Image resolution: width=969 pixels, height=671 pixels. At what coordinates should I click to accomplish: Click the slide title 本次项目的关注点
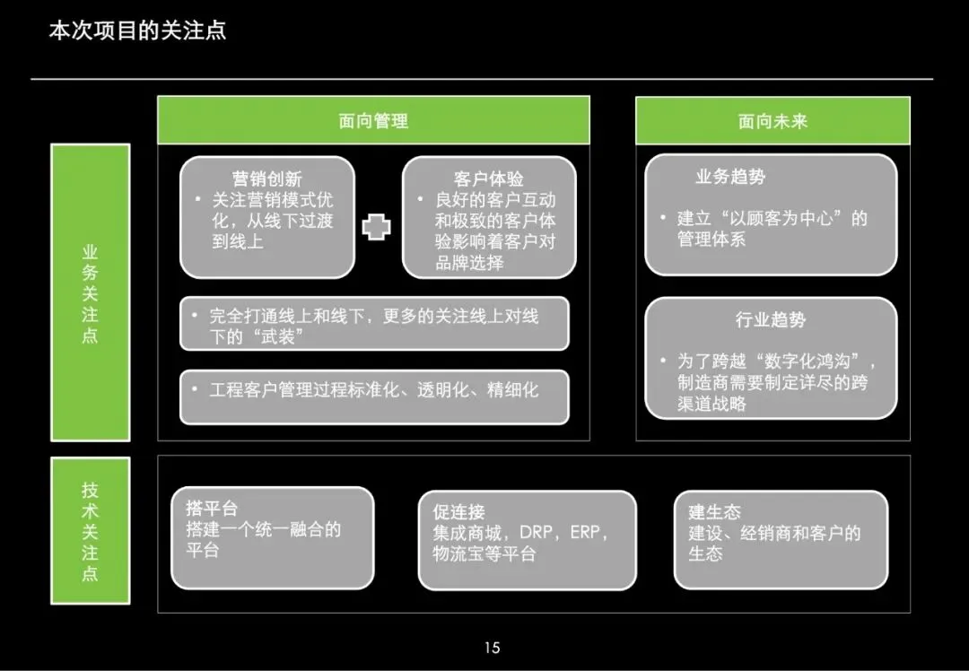click(137, 30)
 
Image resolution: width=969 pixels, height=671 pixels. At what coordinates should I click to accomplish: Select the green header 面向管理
click(373, 121)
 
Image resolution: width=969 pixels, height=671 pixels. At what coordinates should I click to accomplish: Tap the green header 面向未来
click(773, 121)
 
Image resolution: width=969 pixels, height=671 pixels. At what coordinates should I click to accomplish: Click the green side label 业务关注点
click(90, 293)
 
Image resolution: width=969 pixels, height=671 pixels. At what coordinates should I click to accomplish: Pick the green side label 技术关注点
click(90, 531)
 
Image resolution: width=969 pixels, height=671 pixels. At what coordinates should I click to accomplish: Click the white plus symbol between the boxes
click(377, 227)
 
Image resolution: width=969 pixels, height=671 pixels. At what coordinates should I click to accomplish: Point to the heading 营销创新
click(267, 179)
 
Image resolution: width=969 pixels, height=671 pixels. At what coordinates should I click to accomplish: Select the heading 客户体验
click(488, 179)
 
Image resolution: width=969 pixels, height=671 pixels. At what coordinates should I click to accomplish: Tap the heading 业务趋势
click(730, 177)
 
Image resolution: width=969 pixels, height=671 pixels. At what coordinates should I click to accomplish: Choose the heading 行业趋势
click(771, 319)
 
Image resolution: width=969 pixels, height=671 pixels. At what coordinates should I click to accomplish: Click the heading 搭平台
click(212, 510)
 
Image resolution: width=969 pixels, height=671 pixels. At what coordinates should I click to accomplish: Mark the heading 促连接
click(458, 511)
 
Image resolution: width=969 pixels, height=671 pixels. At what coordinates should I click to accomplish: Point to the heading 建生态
click(714, 511)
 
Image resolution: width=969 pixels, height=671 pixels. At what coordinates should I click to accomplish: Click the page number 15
click(491, 648)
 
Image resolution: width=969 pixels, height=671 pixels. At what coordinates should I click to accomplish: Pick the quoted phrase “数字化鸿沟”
click(815, 362)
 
